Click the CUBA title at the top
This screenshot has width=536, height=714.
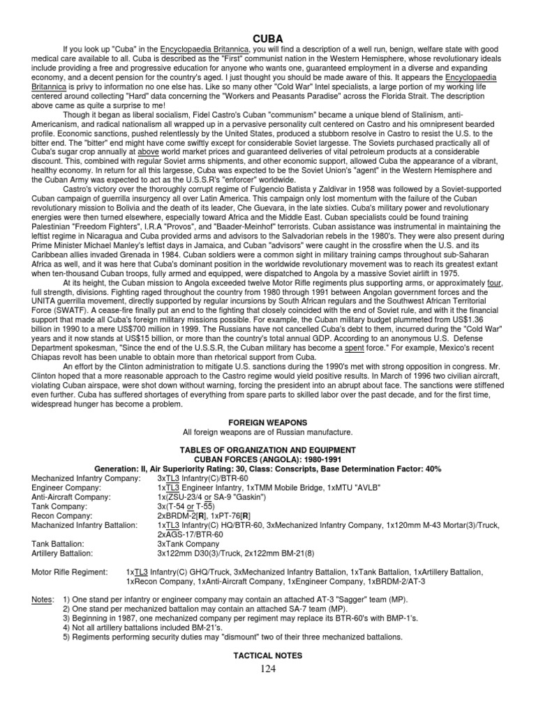(x=268, y=38)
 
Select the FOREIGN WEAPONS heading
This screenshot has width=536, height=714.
(x=268, y=422)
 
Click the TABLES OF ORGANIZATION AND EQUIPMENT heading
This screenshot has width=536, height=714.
(x=268, y=450)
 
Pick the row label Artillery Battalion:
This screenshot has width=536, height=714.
(x=62, y=553)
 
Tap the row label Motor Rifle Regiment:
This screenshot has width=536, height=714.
(x=70, y=572)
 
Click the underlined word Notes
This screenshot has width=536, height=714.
(x=43, y=600)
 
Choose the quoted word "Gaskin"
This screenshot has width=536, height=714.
(x=255, y=497)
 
